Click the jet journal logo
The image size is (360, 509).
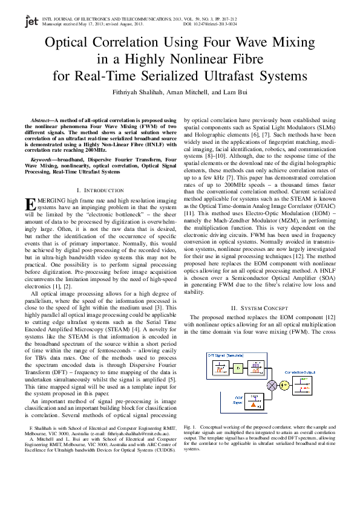[30, 21]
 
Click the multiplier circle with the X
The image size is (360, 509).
[272, 384]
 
